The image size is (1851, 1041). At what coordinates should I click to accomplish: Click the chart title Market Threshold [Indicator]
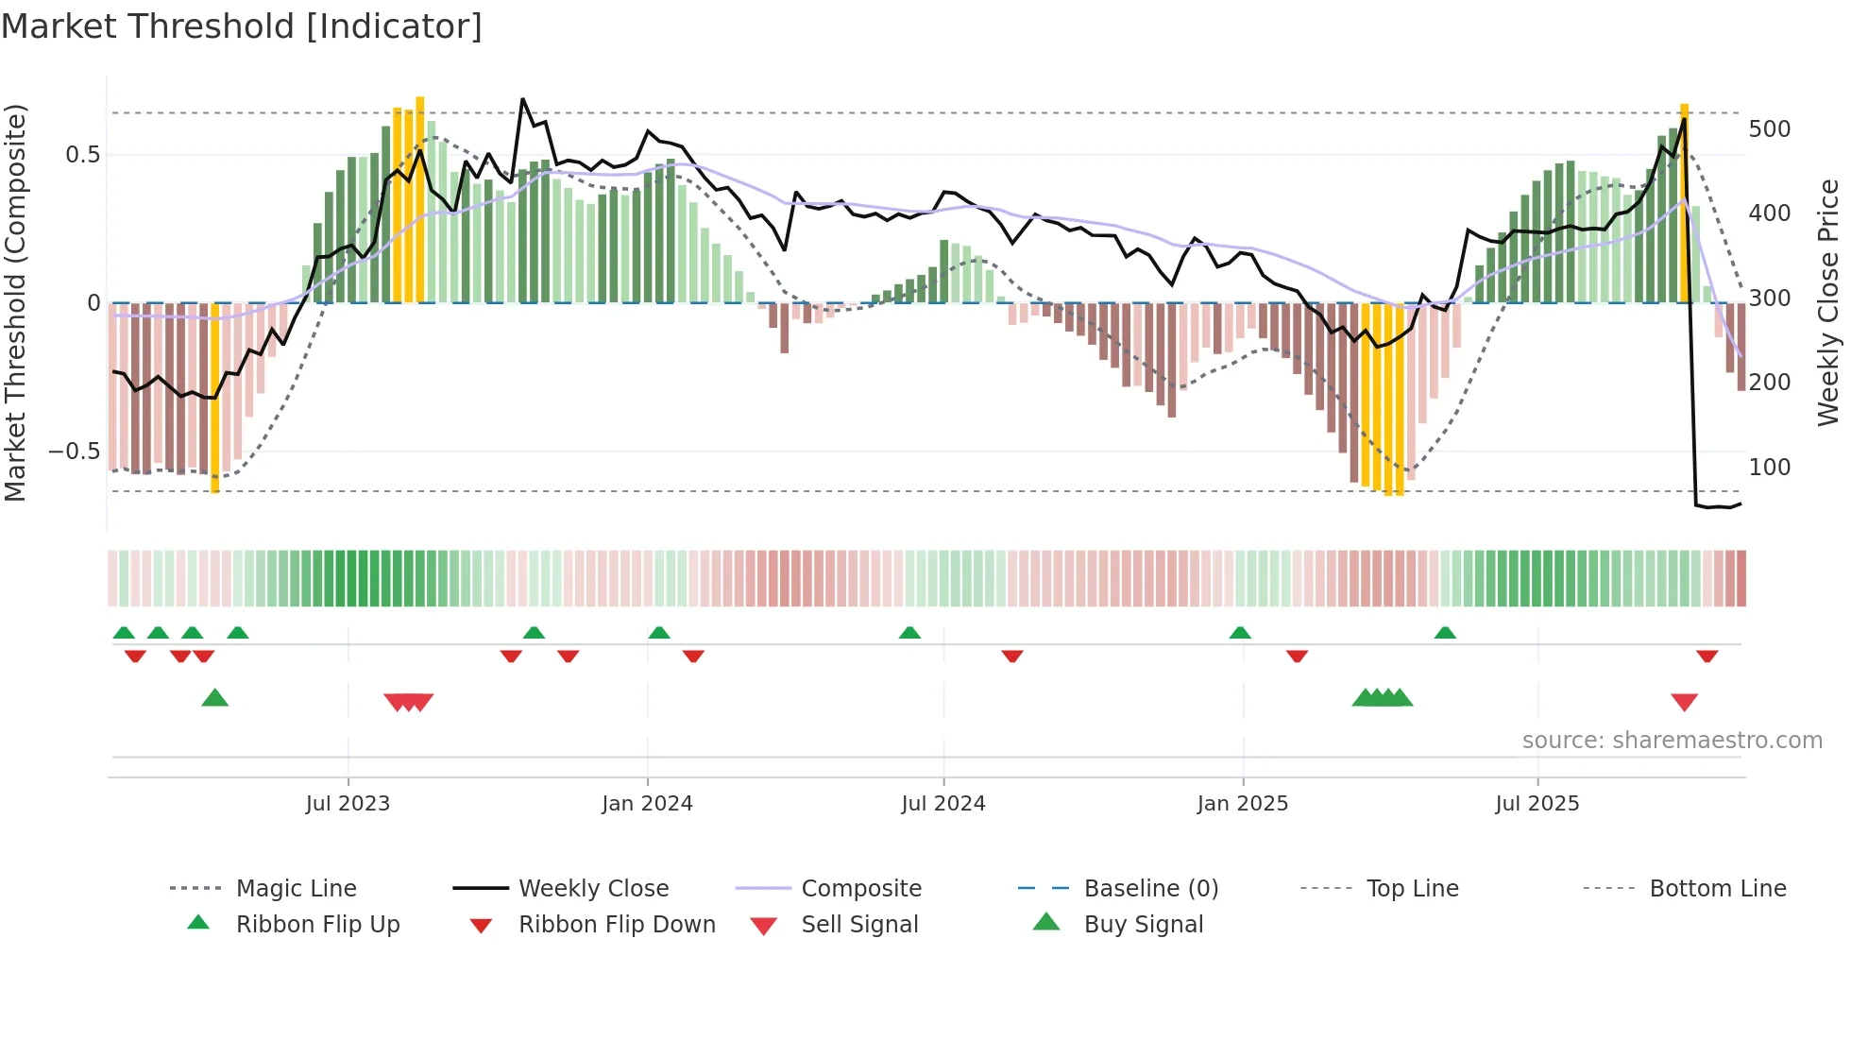pos(242,26)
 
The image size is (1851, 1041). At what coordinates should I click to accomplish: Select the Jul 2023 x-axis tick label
pos(348,804)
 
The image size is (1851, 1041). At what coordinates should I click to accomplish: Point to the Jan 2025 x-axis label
pos(1242,804)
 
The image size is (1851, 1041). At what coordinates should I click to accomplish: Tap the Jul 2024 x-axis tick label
pos(942,804)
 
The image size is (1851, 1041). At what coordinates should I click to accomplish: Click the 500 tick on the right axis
pos(1769,129)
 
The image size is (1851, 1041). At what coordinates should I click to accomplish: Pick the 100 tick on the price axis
pos(1769,468)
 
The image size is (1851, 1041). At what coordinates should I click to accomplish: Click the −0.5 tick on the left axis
pos(74,452)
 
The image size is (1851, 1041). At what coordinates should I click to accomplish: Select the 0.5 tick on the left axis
pos(82,155)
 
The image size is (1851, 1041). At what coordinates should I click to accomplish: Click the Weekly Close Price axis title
pos(1828,302)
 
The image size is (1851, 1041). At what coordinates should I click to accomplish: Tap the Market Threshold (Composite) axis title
pos(15,302)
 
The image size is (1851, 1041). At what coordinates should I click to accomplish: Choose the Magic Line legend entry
pos(296,889)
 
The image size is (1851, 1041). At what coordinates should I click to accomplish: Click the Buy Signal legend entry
pos(1143,925)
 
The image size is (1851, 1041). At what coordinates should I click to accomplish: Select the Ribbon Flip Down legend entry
pos(616,925)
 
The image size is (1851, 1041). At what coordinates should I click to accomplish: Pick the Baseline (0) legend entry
pos(1150,889)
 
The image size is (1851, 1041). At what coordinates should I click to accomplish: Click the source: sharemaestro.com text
pos(1672,741)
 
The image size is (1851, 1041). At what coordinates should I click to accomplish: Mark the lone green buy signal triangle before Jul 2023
pos(215,698)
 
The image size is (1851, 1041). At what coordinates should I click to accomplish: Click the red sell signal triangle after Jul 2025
pos(1684,702)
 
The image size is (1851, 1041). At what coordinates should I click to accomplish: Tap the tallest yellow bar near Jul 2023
pos(419,198)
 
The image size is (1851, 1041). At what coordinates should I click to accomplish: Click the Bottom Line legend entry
pos(1717,889)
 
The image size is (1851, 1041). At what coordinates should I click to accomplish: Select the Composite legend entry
pos(860,889)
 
